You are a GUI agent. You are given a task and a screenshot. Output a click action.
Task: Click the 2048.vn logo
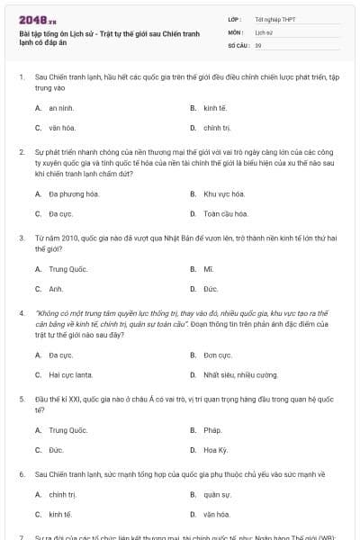coord(31,19)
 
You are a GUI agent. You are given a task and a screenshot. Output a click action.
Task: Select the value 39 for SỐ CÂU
coord(258,45)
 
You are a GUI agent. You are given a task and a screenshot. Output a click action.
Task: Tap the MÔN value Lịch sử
coord(263,31)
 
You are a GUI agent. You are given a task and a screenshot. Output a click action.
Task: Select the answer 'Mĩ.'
coord(208,269)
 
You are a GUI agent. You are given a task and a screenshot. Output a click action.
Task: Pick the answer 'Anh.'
coord(56,290)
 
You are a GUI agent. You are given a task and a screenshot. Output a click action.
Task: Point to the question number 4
coord(21,314)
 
